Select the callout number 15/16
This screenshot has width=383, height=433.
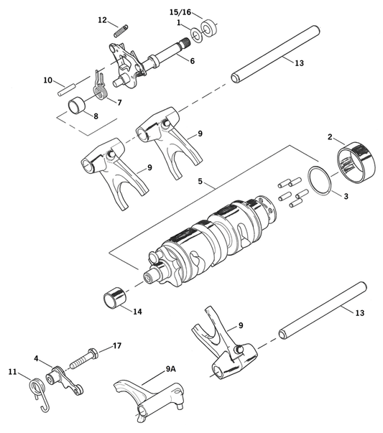pos(180,13)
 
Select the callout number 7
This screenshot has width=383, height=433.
pos(119,103)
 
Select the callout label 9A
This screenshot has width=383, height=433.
pos(170,368)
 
